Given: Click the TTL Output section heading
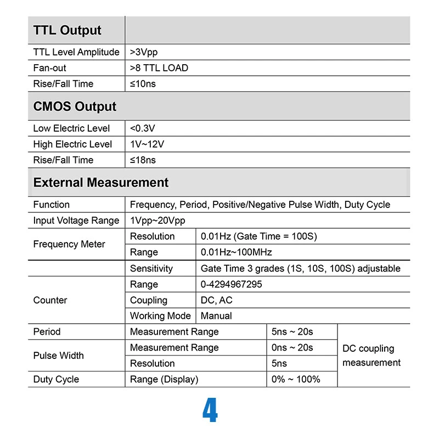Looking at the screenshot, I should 67,30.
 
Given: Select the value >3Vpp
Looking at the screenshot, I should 145,52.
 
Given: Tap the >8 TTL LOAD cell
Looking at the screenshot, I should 159,68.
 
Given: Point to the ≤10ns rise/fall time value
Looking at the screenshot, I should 143,84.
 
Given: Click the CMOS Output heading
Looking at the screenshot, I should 75,106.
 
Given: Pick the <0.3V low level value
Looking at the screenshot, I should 143,128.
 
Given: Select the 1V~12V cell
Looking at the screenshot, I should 147,144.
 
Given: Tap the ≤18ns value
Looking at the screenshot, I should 143,160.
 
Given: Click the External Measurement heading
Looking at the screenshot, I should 101,182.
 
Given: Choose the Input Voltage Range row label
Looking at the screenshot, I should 76,221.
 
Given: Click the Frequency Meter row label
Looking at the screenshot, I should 69,244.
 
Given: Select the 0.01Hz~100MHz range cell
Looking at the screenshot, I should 236,252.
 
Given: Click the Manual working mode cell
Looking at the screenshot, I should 216,316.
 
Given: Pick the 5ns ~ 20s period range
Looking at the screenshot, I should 292,332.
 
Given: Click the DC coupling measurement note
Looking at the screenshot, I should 372,356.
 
